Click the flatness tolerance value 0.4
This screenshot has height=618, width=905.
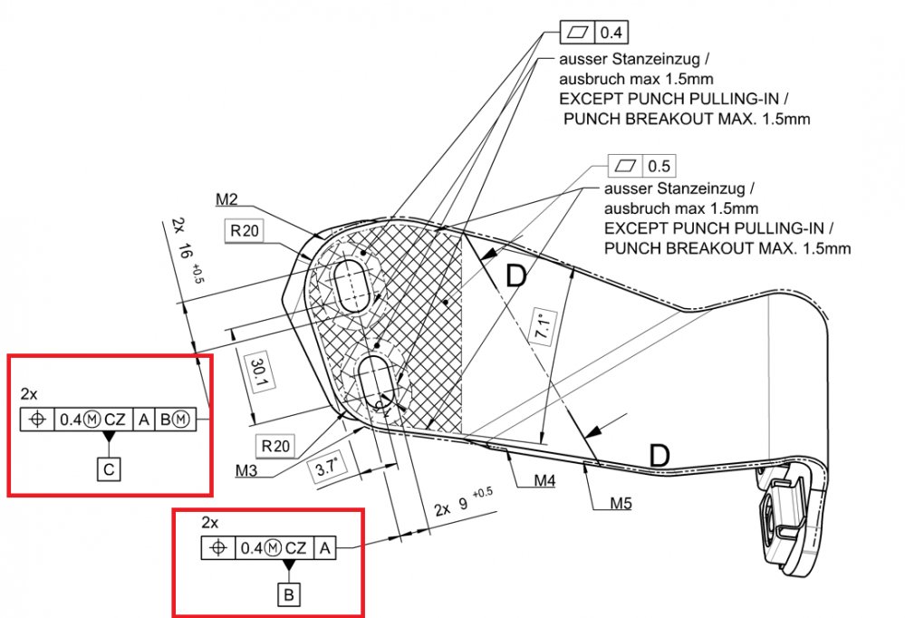612,34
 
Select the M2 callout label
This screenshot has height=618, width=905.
227,198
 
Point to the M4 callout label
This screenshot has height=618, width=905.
544,479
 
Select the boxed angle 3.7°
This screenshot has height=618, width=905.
326,468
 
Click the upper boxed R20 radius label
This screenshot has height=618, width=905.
245,231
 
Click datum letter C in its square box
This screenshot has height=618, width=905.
110,468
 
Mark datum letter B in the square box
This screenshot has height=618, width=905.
289,595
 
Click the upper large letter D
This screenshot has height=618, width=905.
515,275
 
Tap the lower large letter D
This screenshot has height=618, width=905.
659,455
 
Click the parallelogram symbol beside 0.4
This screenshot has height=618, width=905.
577,34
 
